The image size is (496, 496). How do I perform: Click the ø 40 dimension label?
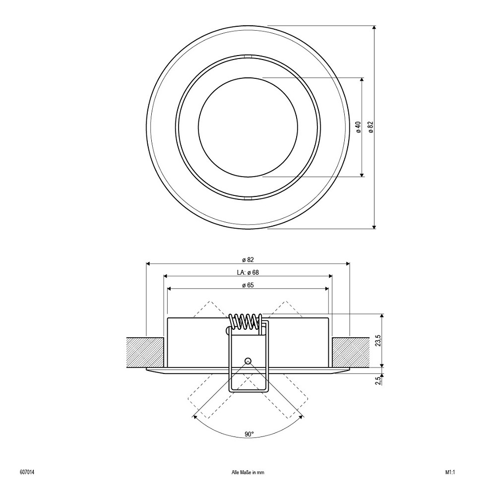coord(359,127)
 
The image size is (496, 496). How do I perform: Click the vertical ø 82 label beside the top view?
coord(371,127)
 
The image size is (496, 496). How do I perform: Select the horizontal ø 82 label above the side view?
coord(248,260)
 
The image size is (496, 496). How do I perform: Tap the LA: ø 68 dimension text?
coord(248,272)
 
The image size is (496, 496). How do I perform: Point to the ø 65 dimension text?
coord(248,285)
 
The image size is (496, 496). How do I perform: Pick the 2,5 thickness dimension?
coord(377,380)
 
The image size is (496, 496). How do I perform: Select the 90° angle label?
coord(249,434)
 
